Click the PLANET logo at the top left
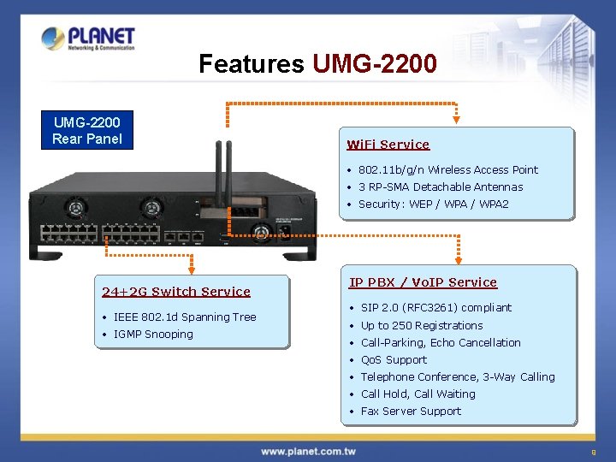(x=88, y=38)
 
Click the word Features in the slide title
(x=251, y=64)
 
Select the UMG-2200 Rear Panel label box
(x=87, y=131)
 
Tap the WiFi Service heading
(x=388, y=145)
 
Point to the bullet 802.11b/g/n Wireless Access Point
(x=448, y=169)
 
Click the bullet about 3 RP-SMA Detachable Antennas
(x=441, y=187)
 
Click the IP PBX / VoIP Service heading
(x=423, y=282)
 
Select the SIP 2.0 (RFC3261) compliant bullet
(x=436, y=307)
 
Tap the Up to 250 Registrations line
(x=422, y=325)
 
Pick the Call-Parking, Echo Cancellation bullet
(x=441, y=342)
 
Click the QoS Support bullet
(x=394, y=359)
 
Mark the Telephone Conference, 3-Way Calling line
(x=458, y=376)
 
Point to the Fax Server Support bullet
(x=411, y=411)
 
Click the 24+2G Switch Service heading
(x=176, y=292)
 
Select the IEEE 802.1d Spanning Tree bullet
(x=185, y=317)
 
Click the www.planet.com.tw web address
(x=307, y=451)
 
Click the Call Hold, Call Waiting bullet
(x=418, y=394)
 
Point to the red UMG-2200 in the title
(x=375, y=64)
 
